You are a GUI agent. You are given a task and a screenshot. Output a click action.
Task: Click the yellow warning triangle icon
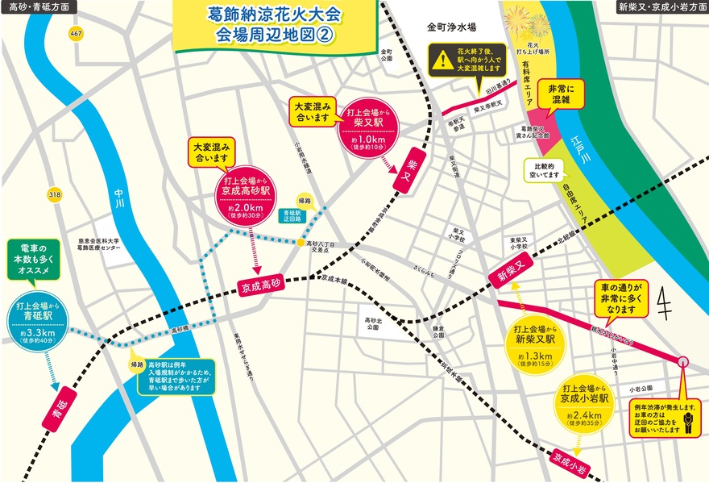tap(441, 60)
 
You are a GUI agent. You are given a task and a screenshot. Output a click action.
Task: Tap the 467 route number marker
tap(77, 34)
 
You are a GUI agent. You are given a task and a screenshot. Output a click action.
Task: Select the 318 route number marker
tap(55, 194)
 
